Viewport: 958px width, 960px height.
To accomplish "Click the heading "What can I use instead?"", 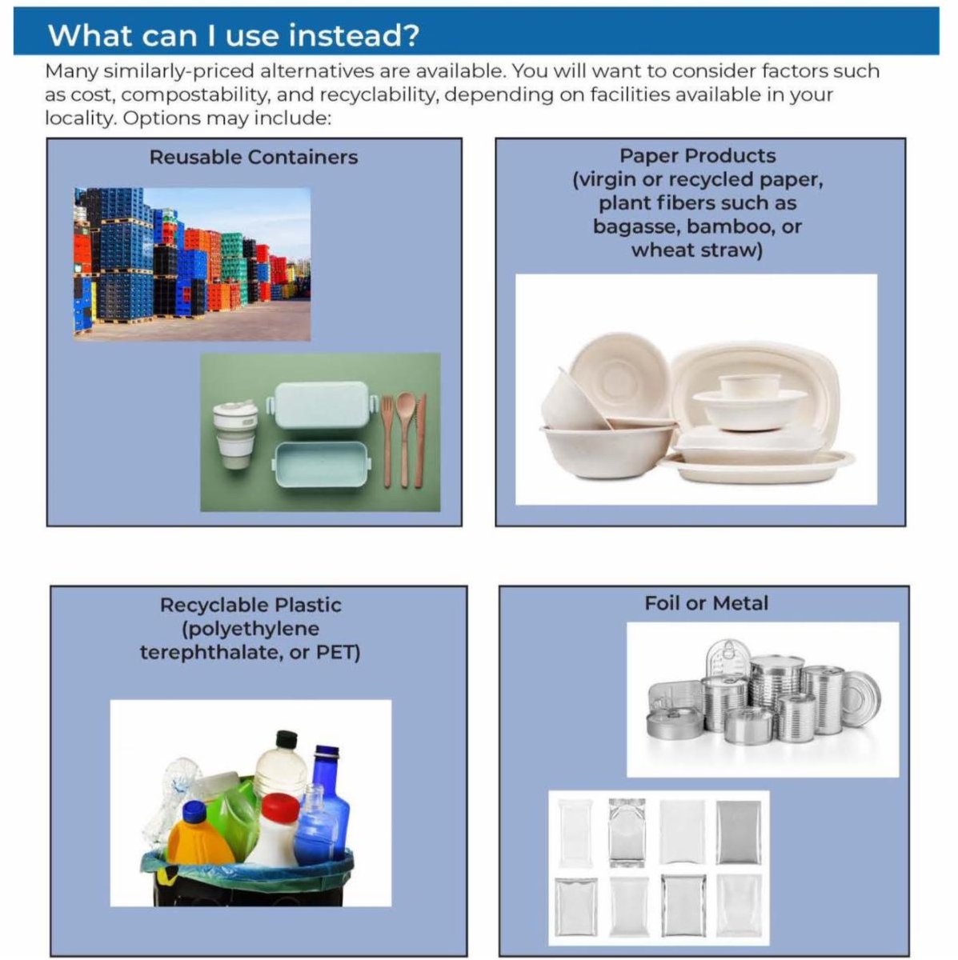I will point(233,35).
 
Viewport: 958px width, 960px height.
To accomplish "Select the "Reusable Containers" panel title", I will point(253,157).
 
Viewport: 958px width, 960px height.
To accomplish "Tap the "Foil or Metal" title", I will point(706,603).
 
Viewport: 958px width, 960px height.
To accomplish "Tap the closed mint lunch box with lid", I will point(321,406).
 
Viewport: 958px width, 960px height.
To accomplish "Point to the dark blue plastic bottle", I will point(327,800).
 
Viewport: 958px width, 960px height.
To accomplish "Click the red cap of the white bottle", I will point(280,808).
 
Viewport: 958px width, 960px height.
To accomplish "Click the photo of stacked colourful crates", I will point(192,264).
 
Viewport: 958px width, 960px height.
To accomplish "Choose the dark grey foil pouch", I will point(738,832).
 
